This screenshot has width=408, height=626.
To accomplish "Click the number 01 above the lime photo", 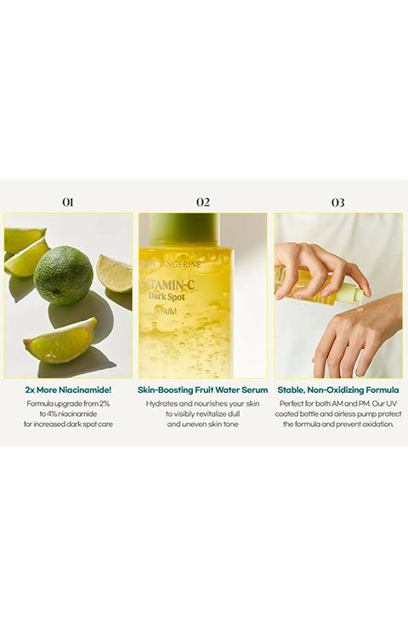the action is pyautogui.click(x=68, y=202).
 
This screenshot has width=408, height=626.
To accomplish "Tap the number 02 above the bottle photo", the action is pyautogui.click(x=203, y=202).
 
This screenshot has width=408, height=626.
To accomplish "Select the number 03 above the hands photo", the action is pyautogui.click(x=337, y=202).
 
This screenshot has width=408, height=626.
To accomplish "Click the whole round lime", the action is pyautogui.click(x=63, y=276).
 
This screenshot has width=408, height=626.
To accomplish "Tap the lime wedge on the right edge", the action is pyautogui.click(x=115, y=274).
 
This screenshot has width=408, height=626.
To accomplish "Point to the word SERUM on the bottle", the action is pyautogui.click(x=165, y=311).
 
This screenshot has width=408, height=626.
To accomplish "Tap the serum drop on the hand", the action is pyautogui.click(x=360, y=309).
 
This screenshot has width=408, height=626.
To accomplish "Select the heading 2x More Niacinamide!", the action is pyautogui.click(x=68, y=390).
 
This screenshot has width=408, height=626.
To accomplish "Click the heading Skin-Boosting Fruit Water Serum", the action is pyautogui.click(x=202, y=390).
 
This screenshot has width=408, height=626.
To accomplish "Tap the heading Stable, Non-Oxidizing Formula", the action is pyautogui.click(x=338, y=390).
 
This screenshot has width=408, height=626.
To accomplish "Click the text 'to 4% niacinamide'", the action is pyautogui.click(x=68, y=414).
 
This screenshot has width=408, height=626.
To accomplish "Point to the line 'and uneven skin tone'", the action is pyautogui.click(x=202, y=424).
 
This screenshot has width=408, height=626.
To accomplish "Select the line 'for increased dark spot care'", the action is pyautogui.click(x=68, y=424).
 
